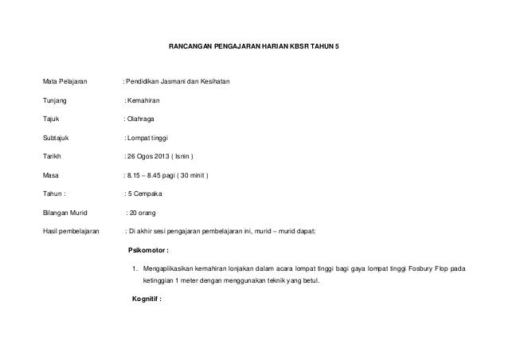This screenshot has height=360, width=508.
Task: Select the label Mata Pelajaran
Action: (65, 83)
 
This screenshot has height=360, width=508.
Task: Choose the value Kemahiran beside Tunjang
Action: (144, 102)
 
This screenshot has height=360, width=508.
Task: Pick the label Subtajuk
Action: (57, 138)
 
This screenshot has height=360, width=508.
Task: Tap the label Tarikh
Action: (53, 157)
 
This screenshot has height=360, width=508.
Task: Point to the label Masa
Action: (52, 175)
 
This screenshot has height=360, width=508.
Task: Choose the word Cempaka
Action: (148, 194)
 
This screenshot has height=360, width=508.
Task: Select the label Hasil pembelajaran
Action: (71, 232)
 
